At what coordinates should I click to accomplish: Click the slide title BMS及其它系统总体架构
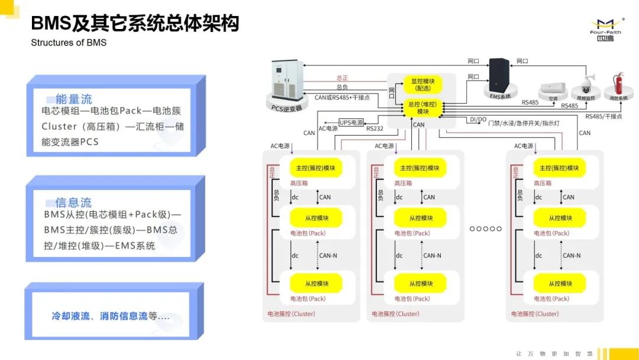135,24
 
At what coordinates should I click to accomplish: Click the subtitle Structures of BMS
69,43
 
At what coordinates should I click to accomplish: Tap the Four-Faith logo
605,27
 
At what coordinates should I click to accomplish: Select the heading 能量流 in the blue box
73,99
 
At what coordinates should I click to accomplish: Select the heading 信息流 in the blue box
73,202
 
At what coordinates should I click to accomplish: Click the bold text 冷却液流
70,316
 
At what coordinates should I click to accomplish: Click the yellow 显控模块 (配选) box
422,84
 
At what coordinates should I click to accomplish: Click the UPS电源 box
351,123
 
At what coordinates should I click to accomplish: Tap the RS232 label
375,128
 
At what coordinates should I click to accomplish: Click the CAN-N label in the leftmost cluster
328,256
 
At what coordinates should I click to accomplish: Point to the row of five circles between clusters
485,229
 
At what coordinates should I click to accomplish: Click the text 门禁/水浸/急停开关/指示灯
522,123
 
